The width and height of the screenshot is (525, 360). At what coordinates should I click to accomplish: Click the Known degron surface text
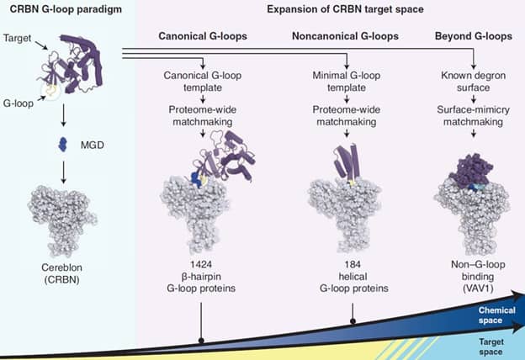474,82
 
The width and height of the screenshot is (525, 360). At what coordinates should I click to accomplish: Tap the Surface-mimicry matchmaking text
474,117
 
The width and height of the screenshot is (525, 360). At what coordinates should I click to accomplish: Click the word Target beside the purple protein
19,39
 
